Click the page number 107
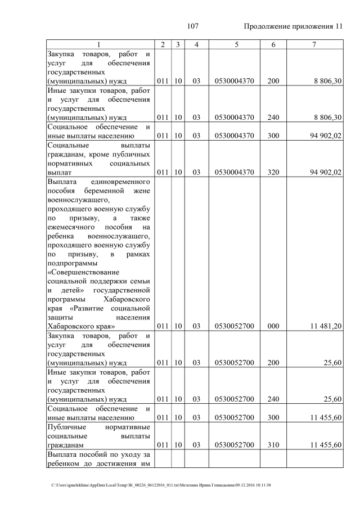click(x=193, y=27)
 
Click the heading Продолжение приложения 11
click(x=293, y=27)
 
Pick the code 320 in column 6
click(x=273, y=172)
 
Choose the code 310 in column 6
click(x=273, y=445)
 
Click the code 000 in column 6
click(x=273, y=326)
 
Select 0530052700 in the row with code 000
click(x=235, y=326)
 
